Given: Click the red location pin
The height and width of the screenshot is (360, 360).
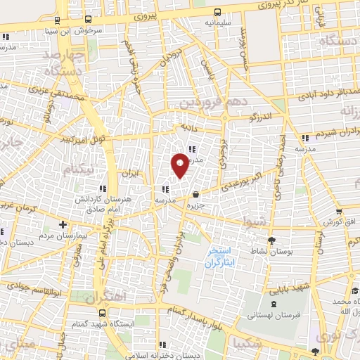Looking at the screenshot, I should pos(180,165).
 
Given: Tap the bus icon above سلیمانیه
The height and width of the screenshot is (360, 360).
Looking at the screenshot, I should pos(217,11).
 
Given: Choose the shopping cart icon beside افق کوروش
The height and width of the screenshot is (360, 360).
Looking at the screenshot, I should pos(338,210).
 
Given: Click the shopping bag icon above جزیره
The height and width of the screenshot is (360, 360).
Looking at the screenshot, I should pos(195,194).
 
